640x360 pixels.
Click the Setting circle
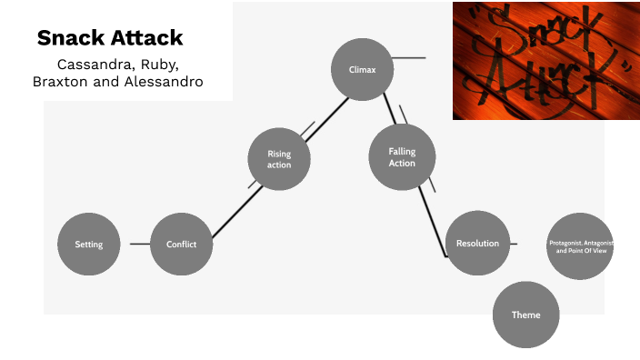[88, 244]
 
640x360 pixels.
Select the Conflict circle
[181, 244]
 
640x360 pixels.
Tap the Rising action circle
[279, 159]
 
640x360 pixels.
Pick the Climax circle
[362, 69]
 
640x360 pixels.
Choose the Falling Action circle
[402, 157]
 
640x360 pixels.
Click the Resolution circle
[477, 243]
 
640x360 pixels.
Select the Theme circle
[525, 315]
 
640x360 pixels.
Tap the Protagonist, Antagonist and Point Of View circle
[581, 245]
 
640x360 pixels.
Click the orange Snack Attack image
[545, 60]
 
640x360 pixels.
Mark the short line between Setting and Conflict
[139, 244]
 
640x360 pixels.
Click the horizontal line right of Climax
[409, 58]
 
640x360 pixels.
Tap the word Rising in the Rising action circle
[279, 154]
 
